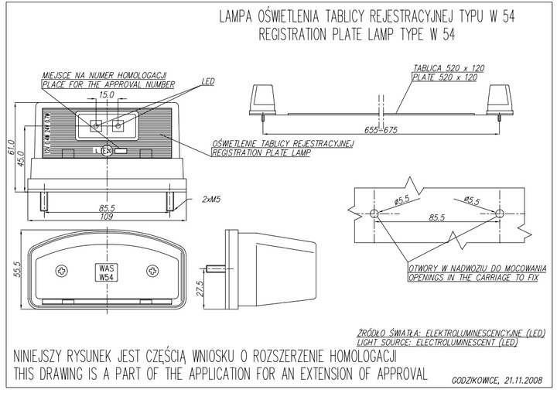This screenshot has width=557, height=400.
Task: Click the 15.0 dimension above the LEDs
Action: (x=107, y=95)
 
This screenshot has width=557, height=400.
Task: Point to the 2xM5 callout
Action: (x=211, y=199)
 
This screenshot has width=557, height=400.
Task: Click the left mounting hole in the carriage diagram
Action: (x=374, y=213)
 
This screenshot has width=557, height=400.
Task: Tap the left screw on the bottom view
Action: (x=63, y=271)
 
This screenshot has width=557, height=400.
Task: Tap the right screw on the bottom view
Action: (x=152, y=271)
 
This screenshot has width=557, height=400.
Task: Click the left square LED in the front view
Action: (x=95, y=123)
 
